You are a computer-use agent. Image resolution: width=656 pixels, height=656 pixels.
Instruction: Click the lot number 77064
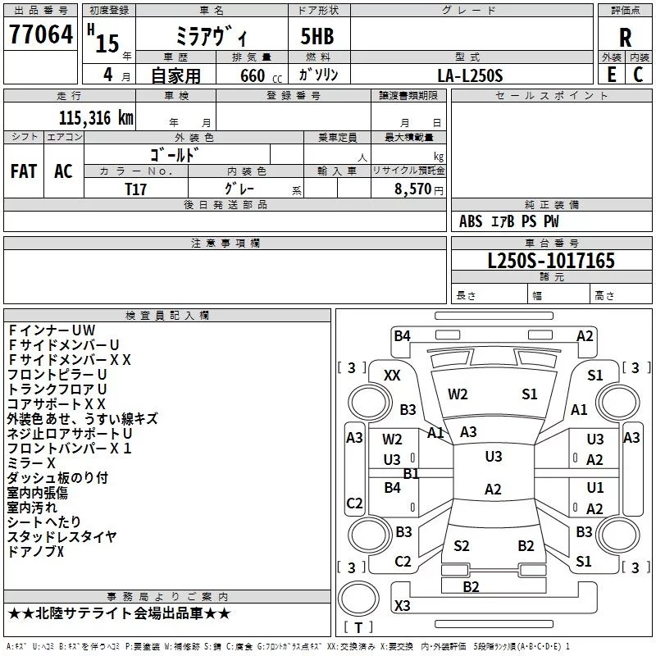39,35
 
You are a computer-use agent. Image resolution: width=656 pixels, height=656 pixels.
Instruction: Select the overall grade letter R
625,38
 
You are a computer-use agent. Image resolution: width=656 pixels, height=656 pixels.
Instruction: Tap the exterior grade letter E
611,74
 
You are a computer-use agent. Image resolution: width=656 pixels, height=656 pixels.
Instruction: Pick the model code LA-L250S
470,75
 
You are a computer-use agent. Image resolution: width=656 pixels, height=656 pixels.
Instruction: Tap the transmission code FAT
23,171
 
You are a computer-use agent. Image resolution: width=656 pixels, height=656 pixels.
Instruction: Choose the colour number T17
136,189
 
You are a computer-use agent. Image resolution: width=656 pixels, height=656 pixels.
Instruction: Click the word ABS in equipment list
471,221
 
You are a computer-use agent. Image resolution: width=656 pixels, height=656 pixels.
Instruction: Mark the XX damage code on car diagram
392,375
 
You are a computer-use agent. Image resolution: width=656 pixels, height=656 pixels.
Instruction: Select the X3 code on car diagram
402,605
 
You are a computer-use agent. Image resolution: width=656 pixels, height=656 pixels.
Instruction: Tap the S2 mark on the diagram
461,546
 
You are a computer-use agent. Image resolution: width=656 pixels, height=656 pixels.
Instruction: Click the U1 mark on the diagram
595,488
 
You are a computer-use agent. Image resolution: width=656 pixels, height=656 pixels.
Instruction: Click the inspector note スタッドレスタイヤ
61,537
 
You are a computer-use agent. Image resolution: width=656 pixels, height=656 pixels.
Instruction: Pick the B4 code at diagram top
402,335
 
